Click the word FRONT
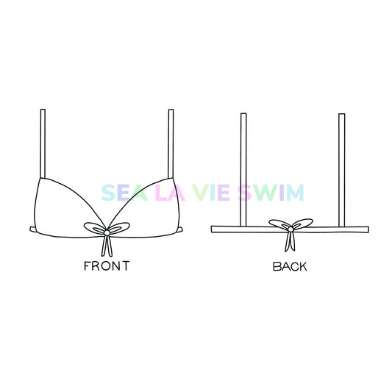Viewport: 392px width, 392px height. (x=107, y=266)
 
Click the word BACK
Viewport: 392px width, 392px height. (x=290, y=266)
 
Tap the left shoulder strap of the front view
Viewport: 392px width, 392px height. (x=43, y=143)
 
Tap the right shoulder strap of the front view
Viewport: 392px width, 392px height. (x=171, y=143)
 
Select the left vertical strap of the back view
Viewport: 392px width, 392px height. (x=243, y=170)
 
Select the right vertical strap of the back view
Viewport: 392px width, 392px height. (x=342, y=170)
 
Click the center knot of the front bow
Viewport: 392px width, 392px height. (x=107, y=232)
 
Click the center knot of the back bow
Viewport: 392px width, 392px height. (x=291, y=229)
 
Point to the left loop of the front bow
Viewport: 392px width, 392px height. (x=94, y=228)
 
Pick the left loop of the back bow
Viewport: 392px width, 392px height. (x=279, y=224)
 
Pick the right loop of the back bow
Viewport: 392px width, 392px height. (x=303, y=224)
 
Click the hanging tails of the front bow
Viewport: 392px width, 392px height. (x=107, y=246)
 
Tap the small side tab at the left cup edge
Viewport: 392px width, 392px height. (x=32, y=229)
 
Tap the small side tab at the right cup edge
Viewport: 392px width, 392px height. (x=179, y=229)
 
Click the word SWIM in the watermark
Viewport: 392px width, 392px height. (x=271, y=193)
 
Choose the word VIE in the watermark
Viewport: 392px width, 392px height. (x=211, y=193)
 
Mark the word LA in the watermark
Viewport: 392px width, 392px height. (x=170, y=193)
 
